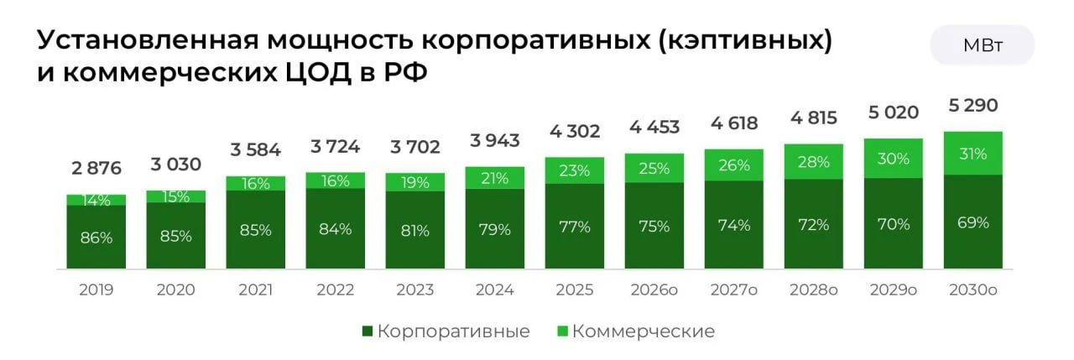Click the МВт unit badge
point(982,45)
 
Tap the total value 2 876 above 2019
point(96,169)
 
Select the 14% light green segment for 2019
point(96,200)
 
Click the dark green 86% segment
point(96,237)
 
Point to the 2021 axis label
point(256,290)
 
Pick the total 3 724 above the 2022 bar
point(335,146)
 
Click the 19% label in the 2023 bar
point(415,183)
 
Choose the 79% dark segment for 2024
point(495,228)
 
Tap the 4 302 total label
point(575,131)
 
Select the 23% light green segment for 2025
point(575,170)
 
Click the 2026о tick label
point(654,290)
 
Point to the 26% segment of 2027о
point(734,165)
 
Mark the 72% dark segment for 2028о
point(814,224)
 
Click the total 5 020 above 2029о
point(894,112)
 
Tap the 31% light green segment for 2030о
point(973,154)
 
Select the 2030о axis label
point(973,290)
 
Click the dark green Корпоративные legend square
point(368,331)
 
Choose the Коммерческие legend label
point(644,331)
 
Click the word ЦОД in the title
point(319,73)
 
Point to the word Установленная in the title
point(149,41)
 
